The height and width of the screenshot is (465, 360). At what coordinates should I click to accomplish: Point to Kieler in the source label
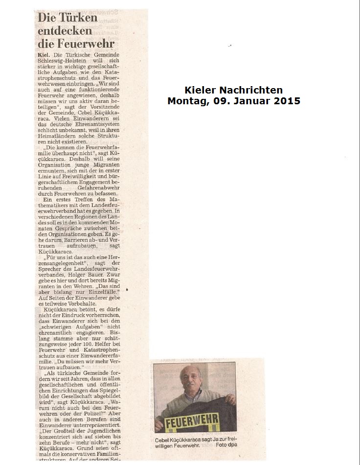pyautogui.click(x=201, y=90)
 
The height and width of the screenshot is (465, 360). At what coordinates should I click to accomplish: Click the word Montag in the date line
pyautogui.click(x=186, y=101)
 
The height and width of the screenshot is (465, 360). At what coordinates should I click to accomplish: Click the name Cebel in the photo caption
pyautogui.click(x=163, y=440)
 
